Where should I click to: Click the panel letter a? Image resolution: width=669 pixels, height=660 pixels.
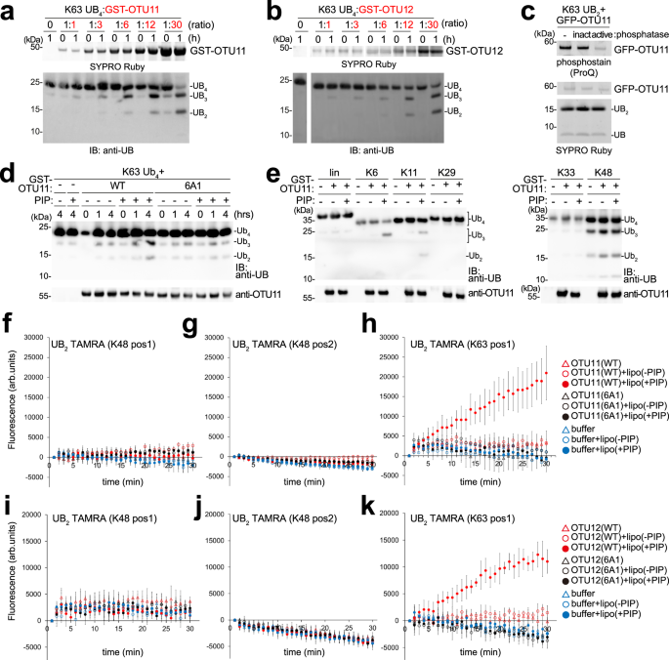(x=8, y=11)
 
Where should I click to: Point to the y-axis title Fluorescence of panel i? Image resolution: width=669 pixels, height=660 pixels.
(x=9, y=562)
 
